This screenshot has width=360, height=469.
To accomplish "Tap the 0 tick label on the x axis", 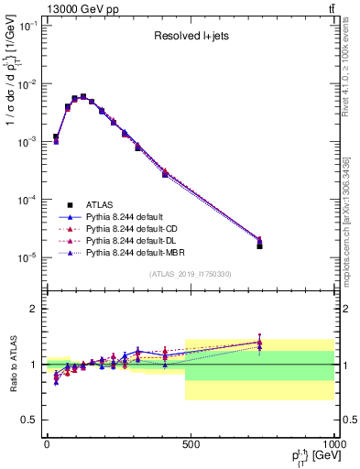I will click(47, 444).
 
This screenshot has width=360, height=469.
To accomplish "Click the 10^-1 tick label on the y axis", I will click(27, 26).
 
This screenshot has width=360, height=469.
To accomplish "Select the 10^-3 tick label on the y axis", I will click(27, 142).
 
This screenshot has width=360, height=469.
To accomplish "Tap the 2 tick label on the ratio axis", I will click(34, 309).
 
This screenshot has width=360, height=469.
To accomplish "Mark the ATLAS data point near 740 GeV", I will click(259, 245).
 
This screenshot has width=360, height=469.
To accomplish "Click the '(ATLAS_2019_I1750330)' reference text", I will click(190, 274).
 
